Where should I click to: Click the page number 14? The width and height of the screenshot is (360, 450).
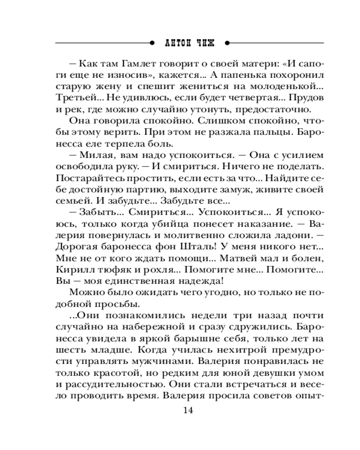coord(188,410)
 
